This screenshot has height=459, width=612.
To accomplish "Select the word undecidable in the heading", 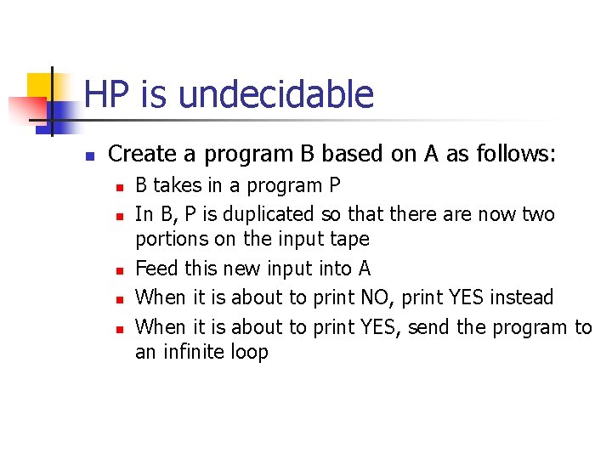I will (x=276, y=94).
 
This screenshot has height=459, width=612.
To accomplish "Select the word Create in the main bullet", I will (x=140, y=155).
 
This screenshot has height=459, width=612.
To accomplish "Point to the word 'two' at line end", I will (x=537, y=213).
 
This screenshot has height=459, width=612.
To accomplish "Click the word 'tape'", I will (x=350, y=240).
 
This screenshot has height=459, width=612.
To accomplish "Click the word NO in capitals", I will (x=377, y=297).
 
